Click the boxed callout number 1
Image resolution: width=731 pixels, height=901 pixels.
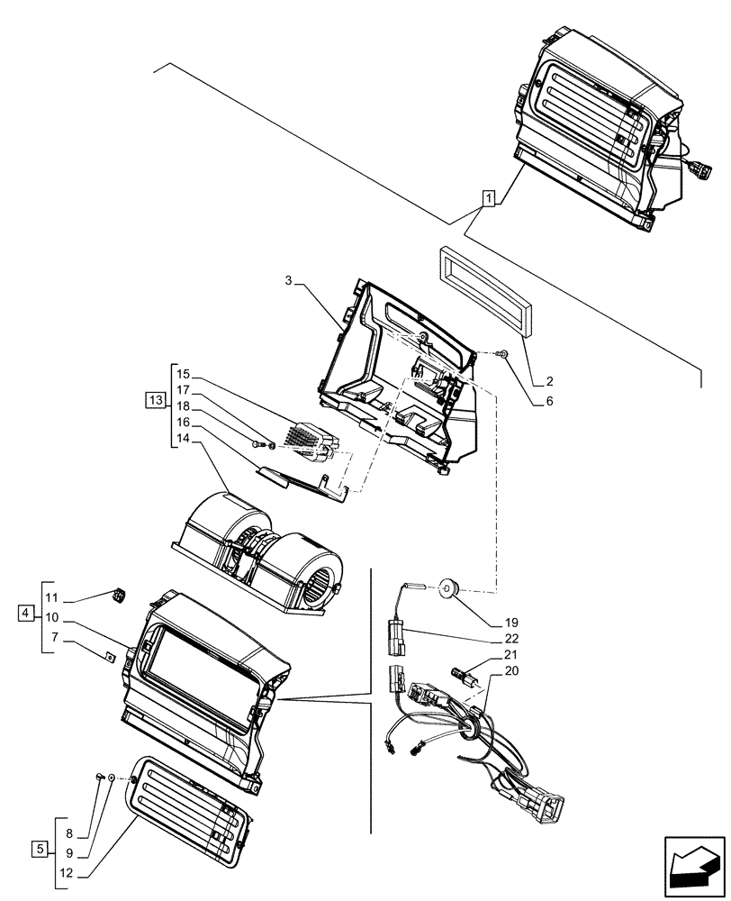tap(487, 198)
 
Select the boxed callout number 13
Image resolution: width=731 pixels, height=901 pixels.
tap(157, 398)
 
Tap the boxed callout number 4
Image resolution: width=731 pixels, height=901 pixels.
tap(25, 614)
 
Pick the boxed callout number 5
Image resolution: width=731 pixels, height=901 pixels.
tap(40, 849)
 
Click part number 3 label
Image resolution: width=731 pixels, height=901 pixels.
tap(287, 281)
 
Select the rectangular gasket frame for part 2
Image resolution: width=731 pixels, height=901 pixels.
tap(487, 293)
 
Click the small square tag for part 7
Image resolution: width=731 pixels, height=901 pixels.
tap(109, 657)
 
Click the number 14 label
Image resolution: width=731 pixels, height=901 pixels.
tap(183, 439)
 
